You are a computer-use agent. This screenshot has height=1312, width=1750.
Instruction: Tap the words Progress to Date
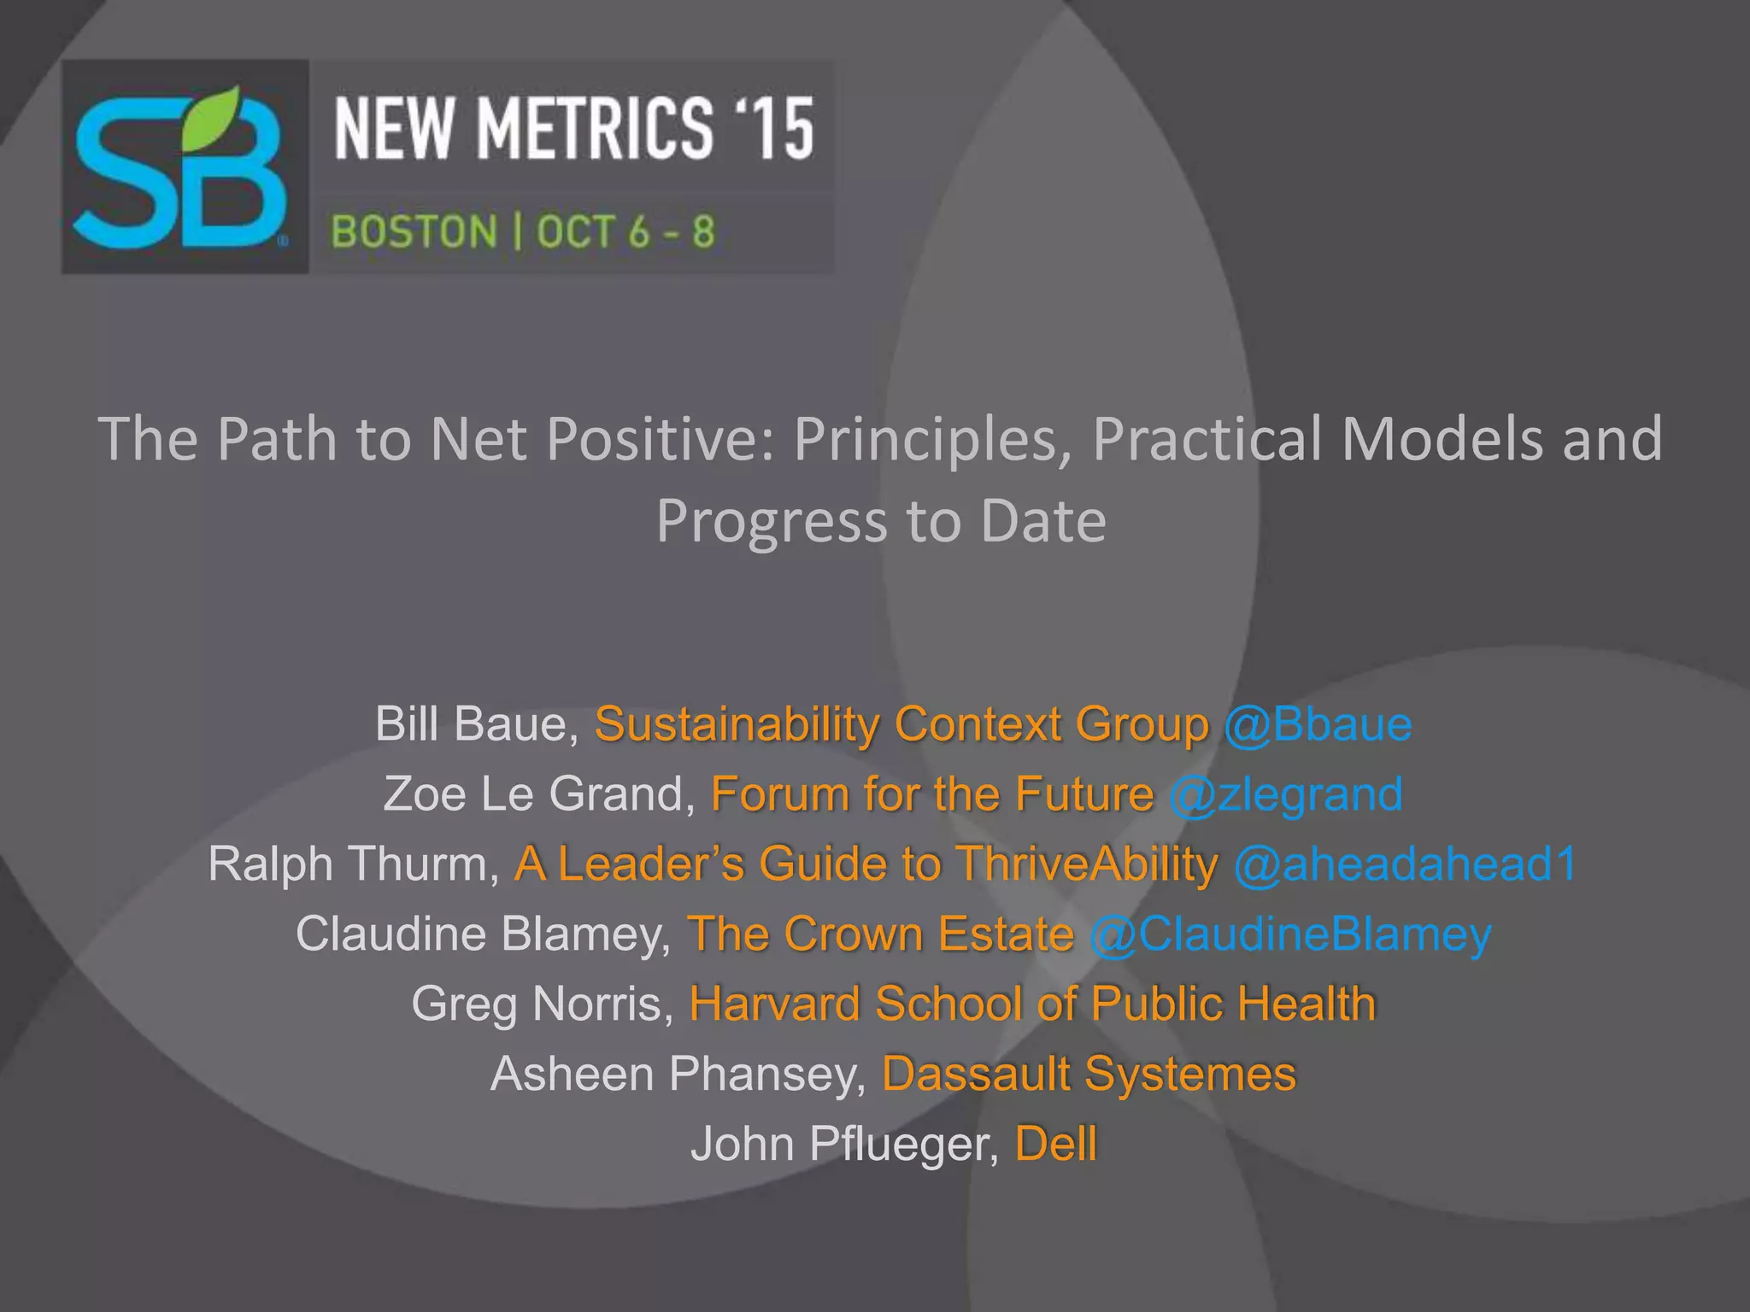(881, 520)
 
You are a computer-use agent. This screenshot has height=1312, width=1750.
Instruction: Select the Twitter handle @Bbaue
(1318, 724)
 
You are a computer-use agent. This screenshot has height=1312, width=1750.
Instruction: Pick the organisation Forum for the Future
(932, 794)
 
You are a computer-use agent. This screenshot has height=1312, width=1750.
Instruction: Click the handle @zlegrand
(1286, 794)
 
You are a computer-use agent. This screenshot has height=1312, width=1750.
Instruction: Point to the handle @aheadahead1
(1405, 864)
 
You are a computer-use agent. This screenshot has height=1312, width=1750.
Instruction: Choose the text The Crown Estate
(881, 934)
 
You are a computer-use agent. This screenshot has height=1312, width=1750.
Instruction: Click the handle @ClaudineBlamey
(1290, 934)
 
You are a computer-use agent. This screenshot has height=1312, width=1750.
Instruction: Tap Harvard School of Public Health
(1032, 1004)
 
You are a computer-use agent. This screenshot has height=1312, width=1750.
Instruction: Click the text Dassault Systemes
(1089, 1074)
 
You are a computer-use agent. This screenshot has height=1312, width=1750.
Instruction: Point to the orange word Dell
(1055, 1144)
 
